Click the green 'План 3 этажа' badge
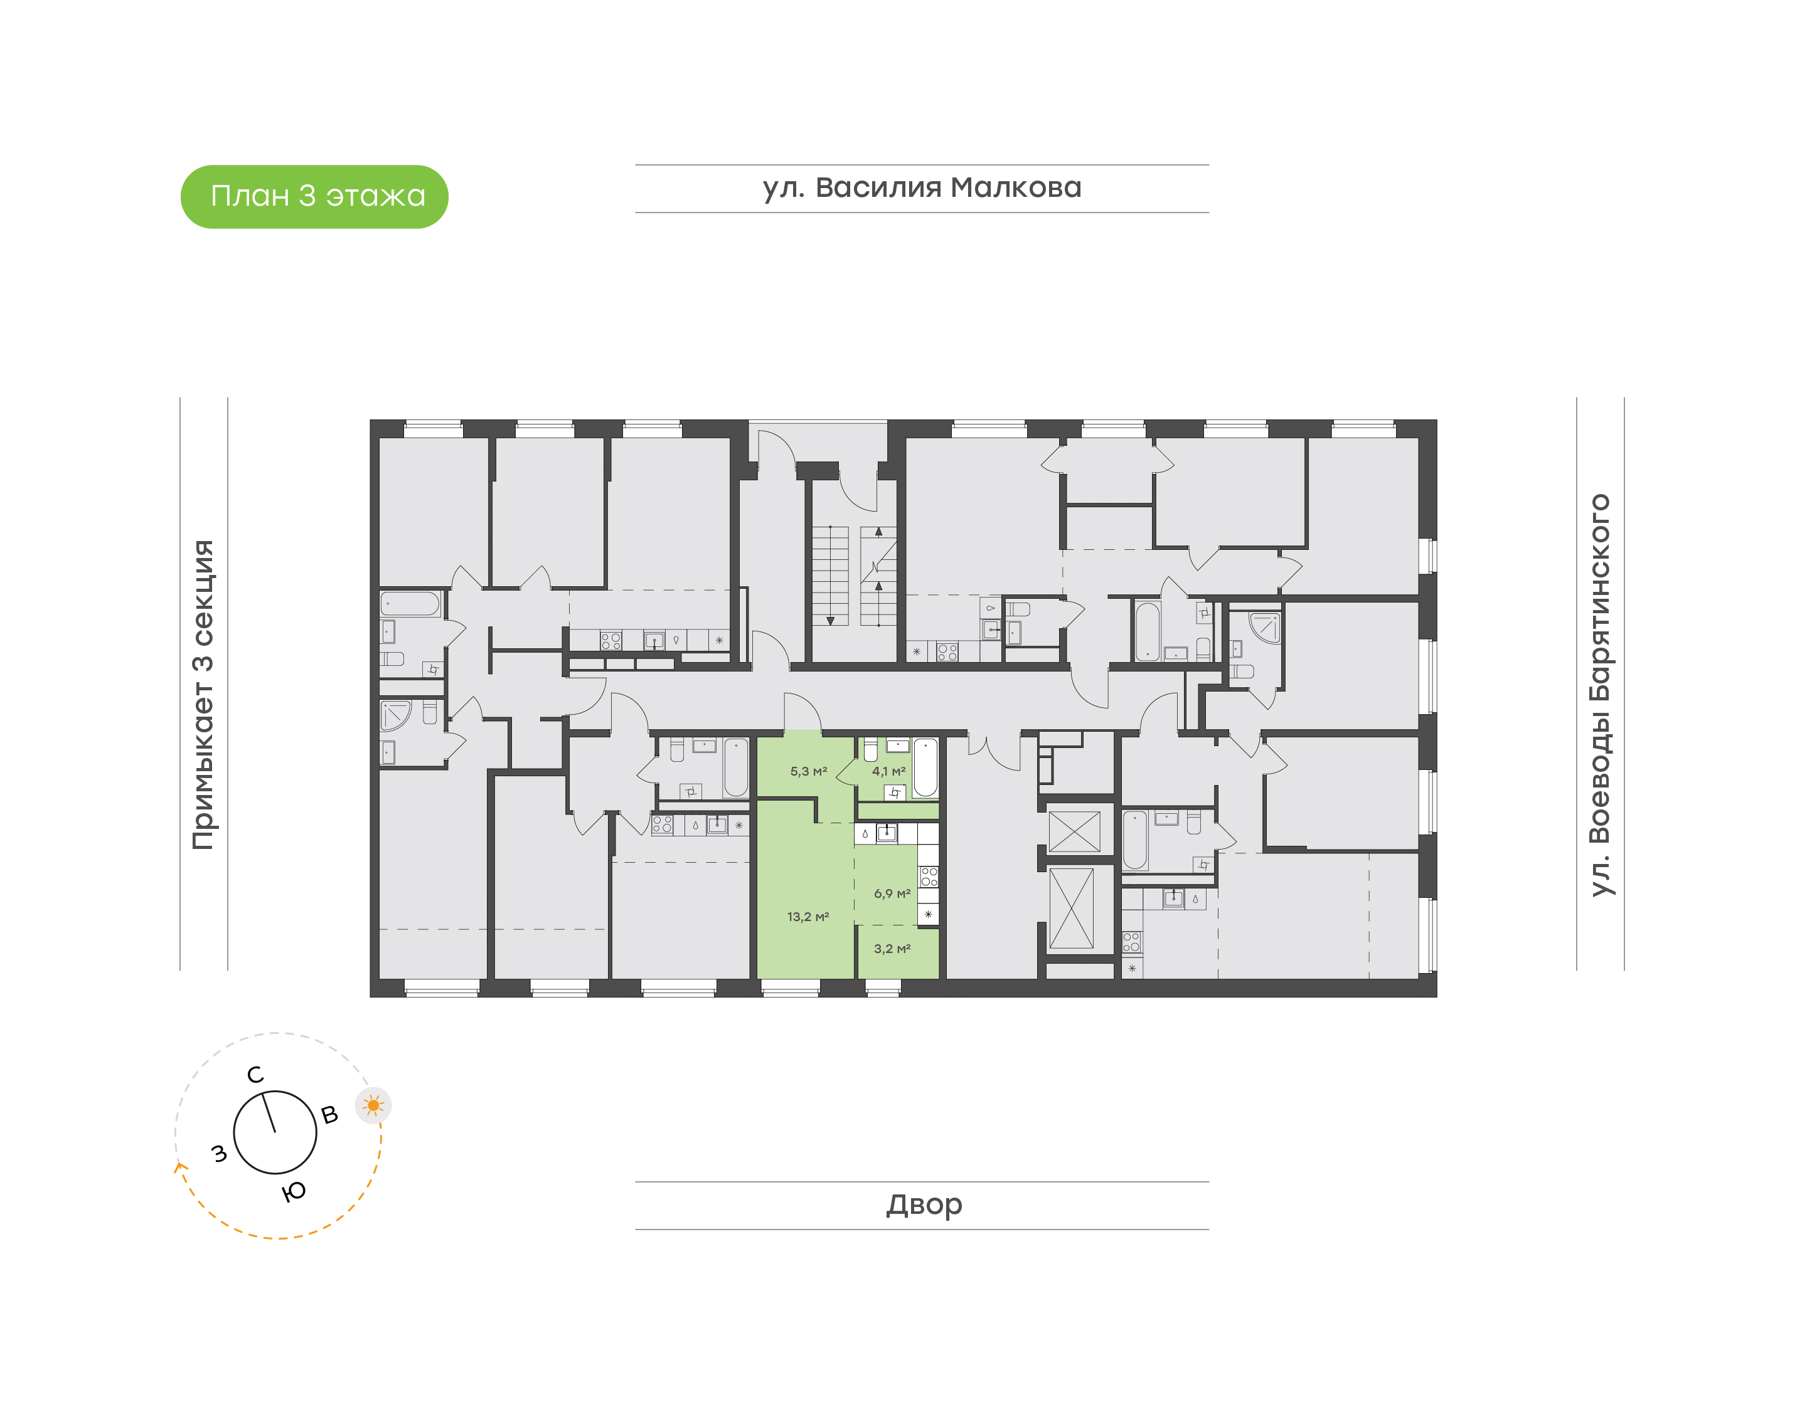(314, 197)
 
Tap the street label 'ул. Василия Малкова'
(921, 188)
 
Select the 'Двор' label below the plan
(923, 1204)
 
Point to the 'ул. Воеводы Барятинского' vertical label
(1599, 695)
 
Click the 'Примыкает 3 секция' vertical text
(203, 695)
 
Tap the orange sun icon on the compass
(373, 1105)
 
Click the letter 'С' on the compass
(255, 1075)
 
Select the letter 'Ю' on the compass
(294, 1192)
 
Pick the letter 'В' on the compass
(329, 1115)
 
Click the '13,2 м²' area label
(808, 917)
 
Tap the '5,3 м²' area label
(808, 772)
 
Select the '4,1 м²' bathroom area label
(888, 772)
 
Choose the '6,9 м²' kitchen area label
(892, 893)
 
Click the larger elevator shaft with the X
(1071, 909)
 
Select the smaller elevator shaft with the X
(1074, 831)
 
